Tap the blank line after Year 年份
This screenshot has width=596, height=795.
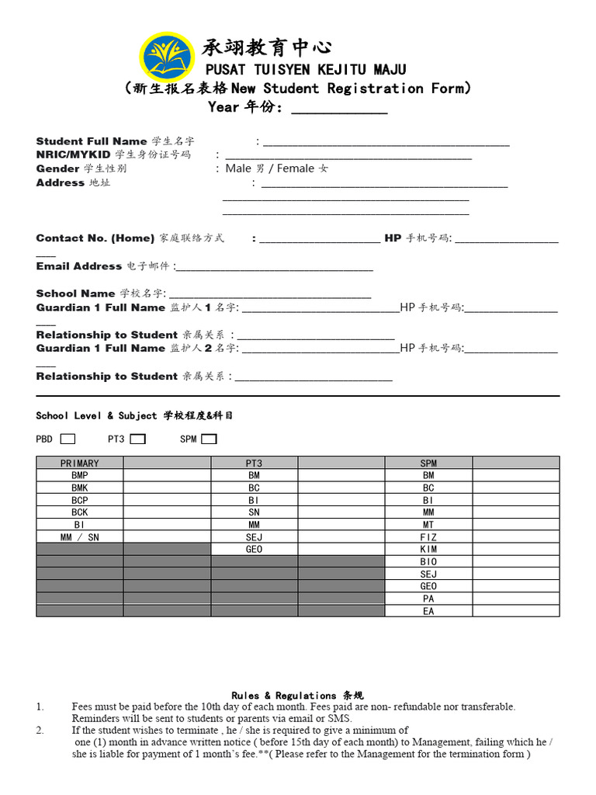pos(339,110)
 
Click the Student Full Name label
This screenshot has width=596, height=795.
pos(92,141)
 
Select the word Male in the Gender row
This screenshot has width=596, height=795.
pos(238,168)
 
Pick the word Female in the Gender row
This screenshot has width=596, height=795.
pos(296,168)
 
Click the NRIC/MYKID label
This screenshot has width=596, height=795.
pos(74,154)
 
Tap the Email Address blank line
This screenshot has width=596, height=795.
pos(275,268)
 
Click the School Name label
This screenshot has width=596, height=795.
pos(76,293)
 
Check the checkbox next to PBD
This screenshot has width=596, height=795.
pos(68,439)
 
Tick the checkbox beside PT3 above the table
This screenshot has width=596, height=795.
pos(137,439)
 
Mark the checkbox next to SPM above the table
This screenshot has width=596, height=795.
pos(209,439)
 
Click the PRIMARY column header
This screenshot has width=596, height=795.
pos(79,463)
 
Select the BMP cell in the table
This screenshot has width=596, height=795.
pos(79,475)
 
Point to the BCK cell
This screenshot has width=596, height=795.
pos(79,512)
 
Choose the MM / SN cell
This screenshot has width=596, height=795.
pos(79,537)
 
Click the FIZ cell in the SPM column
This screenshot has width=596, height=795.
pos(428,537)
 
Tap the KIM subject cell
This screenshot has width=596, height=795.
pos(428,550)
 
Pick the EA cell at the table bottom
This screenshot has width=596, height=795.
pos(428,612)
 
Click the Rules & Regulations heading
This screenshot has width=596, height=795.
pos(297,696)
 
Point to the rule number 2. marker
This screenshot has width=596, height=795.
pos(40,731)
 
